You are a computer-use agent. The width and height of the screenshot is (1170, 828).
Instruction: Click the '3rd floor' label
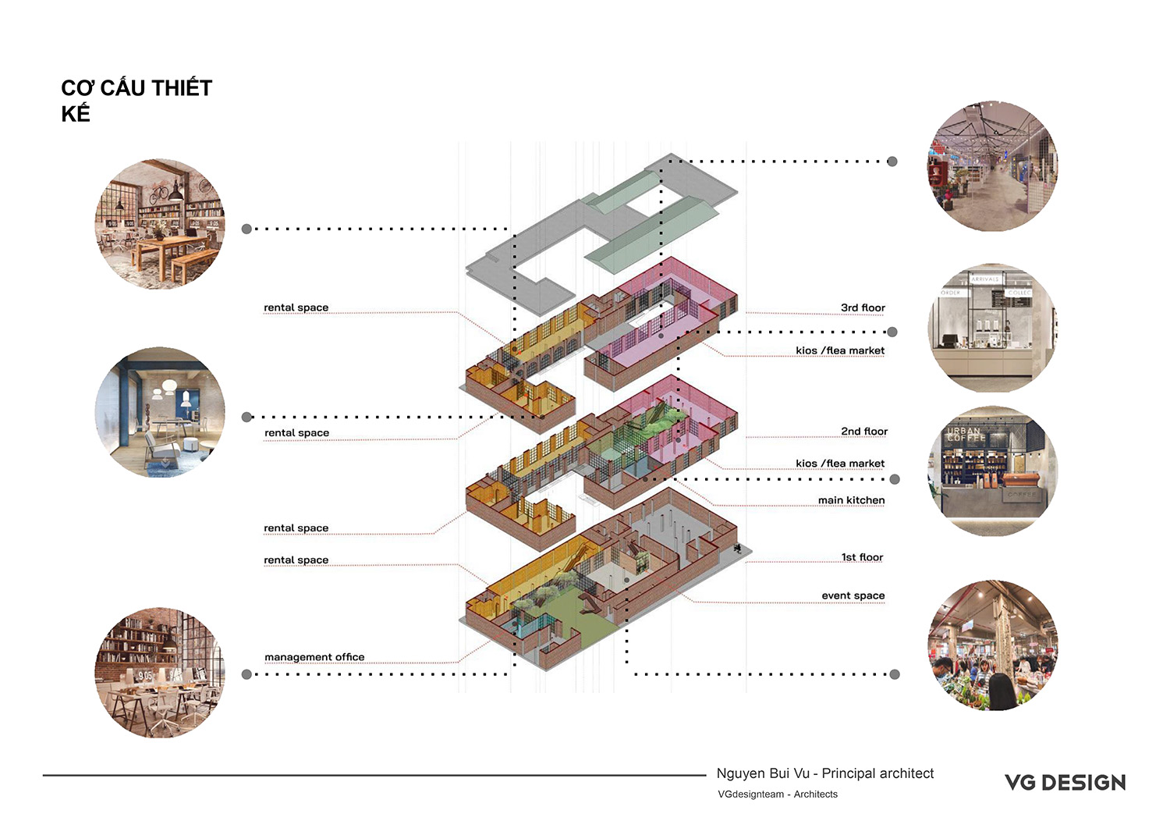(863, 308)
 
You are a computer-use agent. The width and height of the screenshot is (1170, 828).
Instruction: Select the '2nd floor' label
(864, 432)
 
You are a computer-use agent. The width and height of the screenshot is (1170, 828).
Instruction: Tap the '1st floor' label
(862, 557)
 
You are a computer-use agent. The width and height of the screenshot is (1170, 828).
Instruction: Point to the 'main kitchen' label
(852, 500)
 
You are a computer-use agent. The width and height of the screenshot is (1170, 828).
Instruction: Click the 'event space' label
(853, 595)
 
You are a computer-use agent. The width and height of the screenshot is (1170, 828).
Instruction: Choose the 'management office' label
(314, 657)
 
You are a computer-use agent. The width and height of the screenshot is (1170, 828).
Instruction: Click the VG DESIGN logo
(1065, 783)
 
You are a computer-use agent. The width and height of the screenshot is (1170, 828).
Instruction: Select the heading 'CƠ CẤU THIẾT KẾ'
(136, 101)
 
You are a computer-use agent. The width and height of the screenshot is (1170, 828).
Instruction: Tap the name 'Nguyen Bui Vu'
(763, 773)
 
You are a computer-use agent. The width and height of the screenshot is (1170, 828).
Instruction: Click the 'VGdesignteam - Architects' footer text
(777, 794)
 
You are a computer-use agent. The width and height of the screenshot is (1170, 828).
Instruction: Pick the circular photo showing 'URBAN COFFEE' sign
(992, 471)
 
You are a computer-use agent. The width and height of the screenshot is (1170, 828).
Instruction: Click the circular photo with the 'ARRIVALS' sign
(992, 328)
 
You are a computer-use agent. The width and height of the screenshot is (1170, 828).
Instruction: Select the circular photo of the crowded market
(992, 645)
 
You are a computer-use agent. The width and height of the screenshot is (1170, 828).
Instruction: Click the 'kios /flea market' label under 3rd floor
(840, 350)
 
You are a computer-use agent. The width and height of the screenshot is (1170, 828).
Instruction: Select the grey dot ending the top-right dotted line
(892, 162)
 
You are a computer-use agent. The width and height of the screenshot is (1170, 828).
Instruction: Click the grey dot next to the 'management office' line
(247, 674)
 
